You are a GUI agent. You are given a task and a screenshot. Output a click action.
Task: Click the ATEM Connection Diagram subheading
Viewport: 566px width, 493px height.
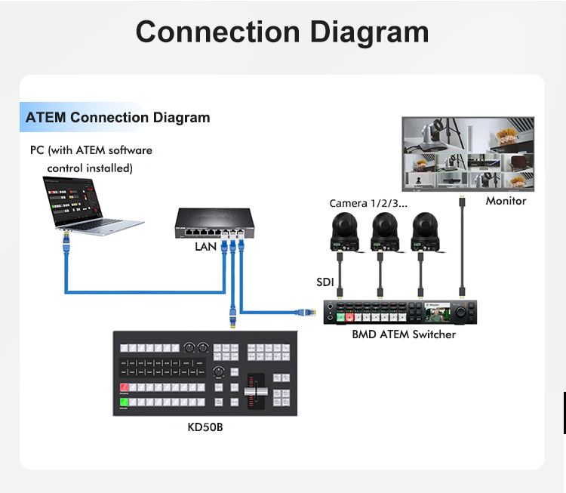click(118, 118)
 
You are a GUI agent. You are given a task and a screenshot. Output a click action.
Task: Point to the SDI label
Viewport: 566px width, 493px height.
click(325, 282)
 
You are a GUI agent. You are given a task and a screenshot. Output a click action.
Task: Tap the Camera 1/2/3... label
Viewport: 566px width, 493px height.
click(368, 204)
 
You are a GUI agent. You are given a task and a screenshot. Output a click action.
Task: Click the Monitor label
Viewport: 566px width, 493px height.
click(506, 201)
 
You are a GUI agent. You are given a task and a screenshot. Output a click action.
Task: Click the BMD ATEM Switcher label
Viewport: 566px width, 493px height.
click(404, 334)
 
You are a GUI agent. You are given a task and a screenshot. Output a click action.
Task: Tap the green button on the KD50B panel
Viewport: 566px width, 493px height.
click(124, 402)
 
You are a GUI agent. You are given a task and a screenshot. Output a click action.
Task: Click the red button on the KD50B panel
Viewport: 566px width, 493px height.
click(124, 388)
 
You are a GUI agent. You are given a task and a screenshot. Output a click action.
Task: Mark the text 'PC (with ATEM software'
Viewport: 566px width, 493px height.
click(91, 150)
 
